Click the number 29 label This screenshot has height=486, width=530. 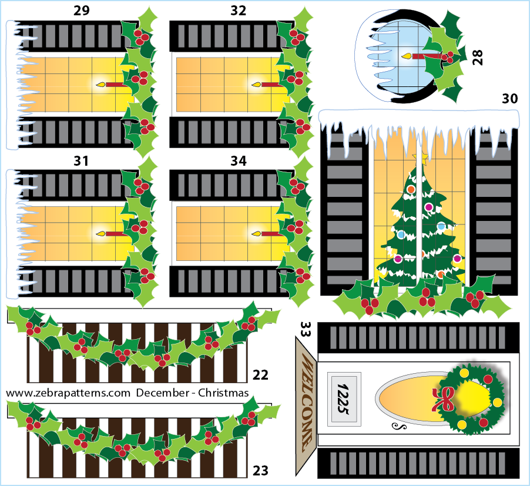[82, 11]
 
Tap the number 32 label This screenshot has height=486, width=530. [239, 11]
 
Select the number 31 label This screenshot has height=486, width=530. [81, 161]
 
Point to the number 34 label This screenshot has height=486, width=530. [239, 161]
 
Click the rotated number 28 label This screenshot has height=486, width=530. [478, 57]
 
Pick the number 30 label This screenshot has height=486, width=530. [509, 99]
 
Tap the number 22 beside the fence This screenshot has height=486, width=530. [260, 375]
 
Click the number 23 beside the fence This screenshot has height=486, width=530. [260, 471]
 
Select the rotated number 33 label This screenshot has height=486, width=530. [306, 329]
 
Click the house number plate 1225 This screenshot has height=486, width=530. [344, 399]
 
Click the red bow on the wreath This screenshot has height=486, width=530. [443, 399]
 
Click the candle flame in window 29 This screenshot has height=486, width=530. [100, 84]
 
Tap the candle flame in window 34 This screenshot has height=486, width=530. [256, 233]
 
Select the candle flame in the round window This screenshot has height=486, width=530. [407, 56]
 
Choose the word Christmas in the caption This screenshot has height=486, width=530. [223, 393]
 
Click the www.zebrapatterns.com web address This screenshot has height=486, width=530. [68, 393]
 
